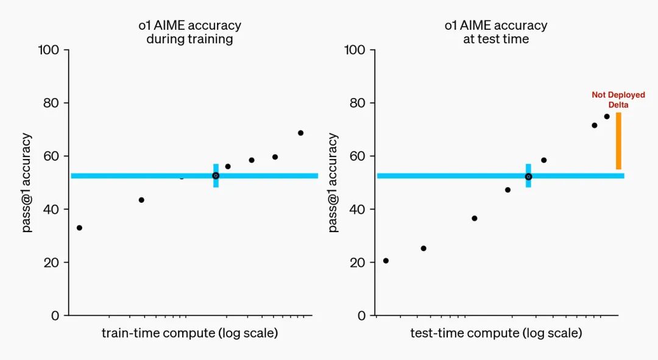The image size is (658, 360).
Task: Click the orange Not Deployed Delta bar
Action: (618, 141)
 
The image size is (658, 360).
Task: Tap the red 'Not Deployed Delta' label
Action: (618, 100)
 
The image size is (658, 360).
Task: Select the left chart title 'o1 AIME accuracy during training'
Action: (189, 32)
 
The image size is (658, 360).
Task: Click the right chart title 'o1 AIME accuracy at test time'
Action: (495, 32)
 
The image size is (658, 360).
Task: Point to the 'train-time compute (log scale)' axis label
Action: (189, 333)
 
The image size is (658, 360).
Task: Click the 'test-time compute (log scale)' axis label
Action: (496, 333)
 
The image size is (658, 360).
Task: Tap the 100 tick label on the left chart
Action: (48, 50)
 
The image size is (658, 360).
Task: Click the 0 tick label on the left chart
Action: (55, 316)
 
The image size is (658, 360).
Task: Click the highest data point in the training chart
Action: (300, 133)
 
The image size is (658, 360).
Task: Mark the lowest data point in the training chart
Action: (79, 228)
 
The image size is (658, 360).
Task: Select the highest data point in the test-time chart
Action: (607, 116)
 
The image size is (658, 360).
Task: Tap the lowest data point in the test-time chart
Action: (386, 261)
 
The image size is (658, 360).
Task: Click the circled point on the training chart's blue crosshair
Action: (216, 175)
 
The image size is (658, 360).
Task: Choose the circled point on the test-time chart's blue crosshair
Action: (528, 177)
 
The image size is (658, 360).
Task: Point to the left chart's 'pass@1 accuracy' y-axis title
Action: (27, 183)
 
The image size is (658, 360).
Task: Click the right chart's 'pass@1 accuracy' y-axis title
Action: (333, 183)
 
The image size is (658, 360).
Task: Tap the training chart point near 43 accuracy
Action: (141, 200)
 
